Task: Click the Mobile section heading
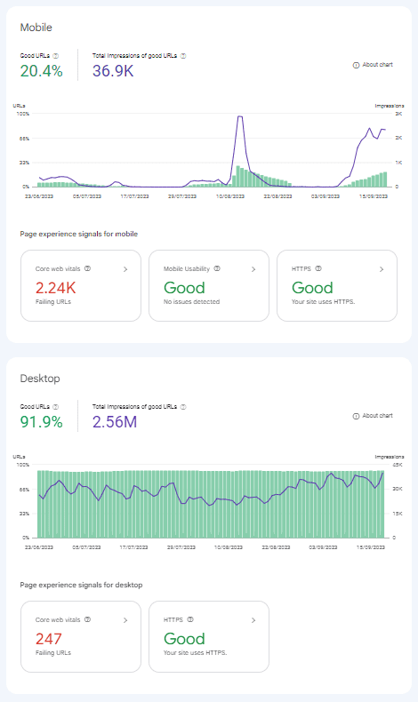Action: tap(37, 28)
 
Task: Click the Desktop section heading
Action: tap(40, 379)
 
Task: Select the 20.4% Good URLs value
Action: tap(41, 71)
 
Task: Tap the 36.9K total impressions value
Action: tap(113, 71)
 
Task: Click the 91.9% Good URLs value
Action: tap(41, 422)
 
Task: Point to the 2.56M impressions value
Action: tap(115, 422)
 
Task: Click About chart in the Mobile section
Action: tap(373, 65)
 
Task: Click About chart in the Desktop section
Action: tap(373, 416)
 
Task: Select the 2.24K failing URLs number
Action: tap(55, 288)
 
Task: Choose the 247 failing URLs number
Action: tap(48, 639)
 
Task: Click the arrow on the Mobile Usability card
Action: tap(253, 267)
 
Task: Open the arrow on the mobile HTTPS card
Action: tap(382, 267)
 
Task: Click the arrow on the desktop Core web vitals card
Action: tap(125, 618)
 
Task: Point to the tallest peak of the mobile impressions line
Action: tap(239, 116)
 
